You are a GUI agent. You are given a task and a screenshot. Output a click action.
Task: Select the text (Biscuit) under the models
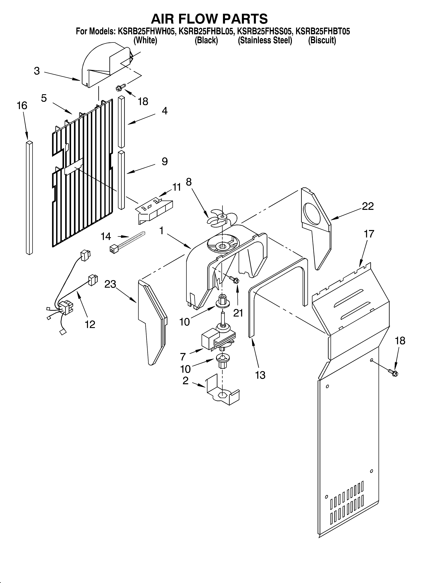pyautogui.click(x=322, y=40)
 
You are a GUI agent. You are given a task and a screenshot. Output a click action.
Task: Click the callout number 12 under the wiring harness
pyautogui.click(x=90, y=324)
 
